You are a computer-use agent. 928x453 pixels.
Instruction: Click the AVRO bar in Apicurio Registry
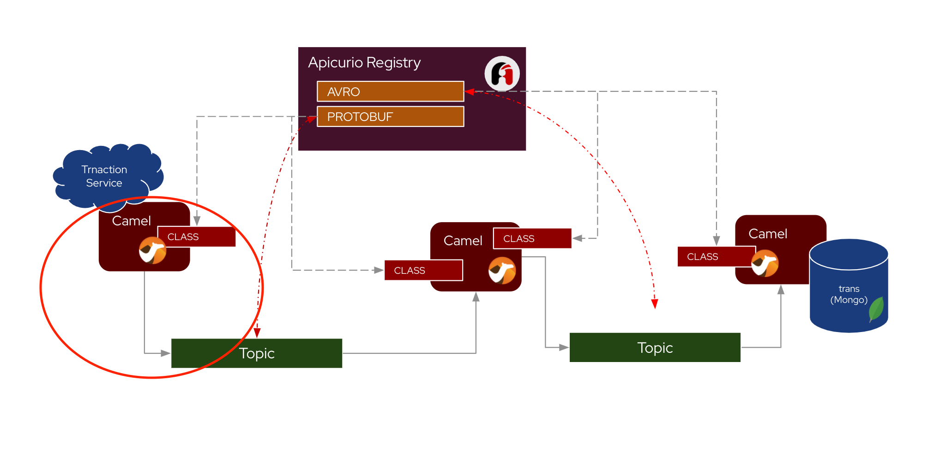(x=390, y=91)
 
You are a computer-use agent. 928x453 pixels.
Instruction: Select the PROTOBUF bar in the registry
(x=390, y=116)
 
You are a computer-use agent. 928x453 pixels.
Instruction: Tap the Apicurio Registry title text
(x=364, y=62)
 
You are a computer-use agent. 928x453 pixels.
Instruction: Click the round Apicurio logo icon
(x=502, y=73)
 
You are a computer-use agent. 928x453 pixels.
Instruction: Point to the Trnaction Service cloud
(x=105, y=176)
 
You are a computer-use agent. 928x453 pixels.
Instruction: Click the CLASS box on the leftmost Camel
(x=197, y=237)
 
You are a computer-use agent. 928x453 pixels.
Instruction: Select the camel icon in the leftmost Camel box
(x=152, y=251)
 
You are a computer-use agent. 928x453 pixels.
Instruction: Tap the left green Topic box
(x=257, y=353)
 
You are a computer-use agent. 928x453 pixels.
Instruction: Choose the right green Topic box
(x=655, y=347)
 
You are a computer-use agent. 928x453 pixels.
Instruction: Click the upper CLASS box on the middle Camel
(x=532, y=239)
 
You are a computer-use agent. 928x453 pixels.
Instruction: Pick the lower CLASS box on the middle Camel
(x=423, y=270)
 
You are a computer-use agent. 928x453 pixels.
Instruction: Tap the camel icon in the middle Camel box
(x=502, y=271)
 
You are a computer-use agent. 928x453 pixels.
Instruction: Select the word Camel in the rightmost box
(x=767, y=234)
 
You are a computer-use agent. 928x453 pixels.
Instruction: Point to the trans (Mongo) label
(x=849, y=294)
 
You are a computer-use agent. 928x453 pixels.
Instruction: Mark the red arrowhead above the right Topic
(x=654, y=303)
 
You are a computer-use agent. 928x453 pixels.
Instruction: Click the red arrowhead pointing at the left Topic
(x=257, y=333)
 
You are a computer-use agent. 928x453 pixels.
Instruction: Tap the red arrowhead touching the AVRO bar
(x=470, y=91)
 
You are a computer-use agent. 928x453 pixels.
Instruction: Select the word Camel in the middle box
(x=463, y=241)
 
